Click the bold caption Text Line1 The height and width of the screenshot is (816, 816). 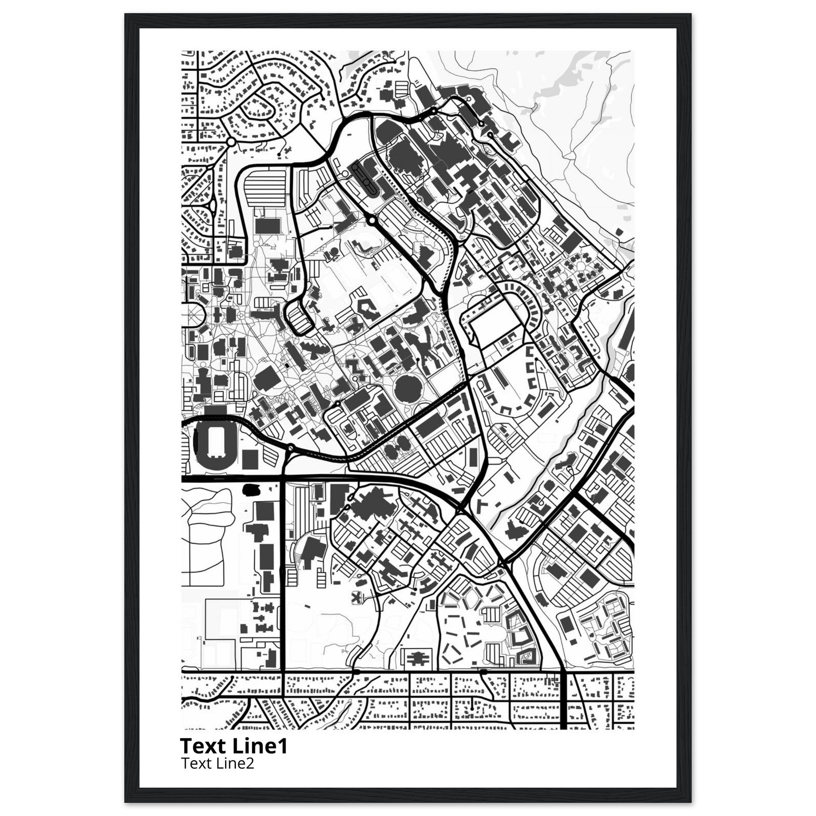point(233,746)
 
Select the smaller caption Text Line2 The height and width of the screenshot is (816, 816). point(218,763)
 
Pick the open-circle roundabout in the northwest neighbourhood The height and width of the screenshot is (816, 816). point(231,142)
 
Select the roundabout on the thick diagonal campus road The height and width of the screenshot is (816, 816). point(371,220)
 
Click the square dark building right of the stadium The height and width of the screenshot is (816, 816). point(250,459)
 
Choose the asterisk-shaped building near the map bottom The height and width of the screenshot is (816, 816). point(357,597)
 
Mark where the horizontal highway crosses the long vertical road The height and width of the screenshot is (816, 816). point(282,479)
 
